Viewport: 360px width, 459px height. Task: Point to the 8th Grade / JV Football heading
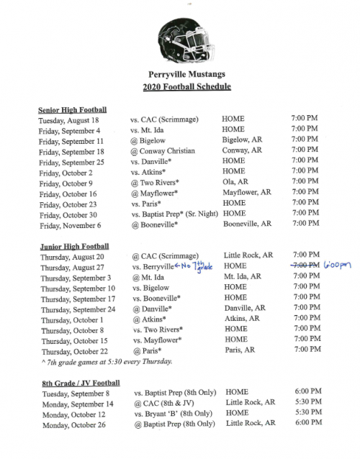pyautogui.click(x=79, y=383)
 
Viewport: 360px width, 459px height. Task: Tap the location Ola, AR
pyautogui.click(x=240, y=183)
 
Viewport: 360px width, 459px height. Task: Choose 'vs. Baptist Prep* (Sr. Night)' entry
pyautogui.click(x=174, y=214)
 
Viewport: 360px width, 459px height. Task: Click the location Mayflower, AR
pyautogui.click(x=247, y=193)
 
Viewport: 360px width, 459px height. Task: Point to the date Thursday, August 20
pyautogui.click(x=73, y=256)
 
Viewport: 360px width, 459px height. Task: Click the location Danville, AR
pyautogui.click(x=245, y=308)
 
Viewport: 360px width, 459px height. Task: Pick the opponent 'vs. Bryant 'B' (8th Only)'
pyautogui.click(x=174, y=414)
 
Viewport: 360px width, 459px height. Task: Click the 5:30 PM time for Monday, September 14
pyautogui.click(x=306, y=403)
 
